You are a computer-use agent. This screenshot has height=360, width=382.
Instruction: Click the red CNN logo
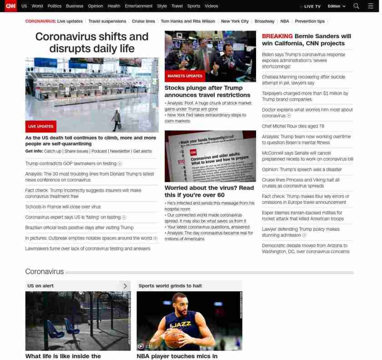point(10,6)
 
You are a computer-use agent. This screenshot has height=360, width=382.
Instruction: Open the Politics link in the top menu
point(55,6)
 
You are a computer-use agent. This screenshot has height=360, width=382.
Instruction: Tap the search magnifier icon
point(356,6)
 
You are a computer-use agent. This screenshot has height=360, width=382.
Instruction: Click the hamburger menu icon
point(370,6)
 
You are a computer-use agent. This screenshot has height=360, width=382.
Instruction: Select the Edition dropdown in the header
point(337,6)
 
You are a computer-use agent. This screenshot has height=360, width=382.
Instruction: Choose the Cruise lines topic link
point(143,21)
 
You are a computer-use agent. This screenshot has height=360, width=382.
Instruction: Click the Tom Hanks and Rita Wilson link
point(188,21)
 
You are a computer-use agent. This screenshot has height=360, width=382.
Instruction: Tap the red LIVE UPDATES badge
point(40,127)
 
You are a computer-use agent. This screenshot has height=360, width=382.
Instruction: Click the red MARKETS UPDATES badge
point(185,76)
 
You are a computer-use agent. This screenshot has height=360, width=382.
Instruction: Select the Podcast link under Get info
point(99,151)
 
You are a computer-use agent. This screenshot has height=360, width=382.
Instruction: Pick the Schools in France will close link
point(63,207)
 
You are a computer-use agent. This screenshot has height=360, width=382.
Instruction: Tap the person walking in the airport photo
point(116,120)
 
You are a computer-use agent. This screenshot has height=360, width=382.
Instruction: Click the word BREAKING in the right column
point(277,36)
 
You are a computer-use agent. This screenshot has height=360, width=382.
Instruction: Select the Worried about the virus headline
point(209,191)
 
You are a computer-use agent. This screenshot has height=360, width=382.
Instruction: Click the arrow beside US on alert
point(125,286)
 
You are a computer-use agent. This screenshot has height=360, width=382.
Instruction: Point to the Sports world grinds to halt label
point(170,286)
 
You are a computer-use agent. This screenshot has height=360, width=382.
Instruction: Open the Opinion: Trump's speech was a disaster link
point(302,169)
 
